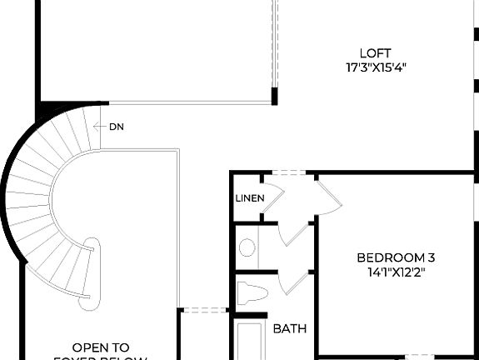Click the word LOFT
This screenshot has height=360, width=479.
pyautogui.click(x=375, y=52)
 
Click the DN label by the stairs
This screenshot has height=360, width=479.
pyautogui.click(x=117, y=127)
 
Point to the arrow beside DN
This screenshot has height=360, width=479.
pyautogui.click(x=100, y=127)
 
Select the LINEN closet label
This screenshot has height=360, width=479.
pyautogui.click(x=249, y=198)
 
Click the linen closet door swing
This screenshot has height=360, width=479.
pyautogui.click(x=275, y=195)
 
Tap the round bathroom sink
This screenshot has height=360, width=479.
pyautogui.click(x=247, y=247)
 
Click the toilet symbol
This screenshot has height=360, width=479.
pyautogui.click(x=251, y=293)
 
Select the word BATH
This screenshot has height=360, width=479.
pyautogui.click(x=290, y=328)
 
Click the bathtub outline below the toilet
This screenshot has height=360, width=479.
pyautogui.click(x=249, y=342)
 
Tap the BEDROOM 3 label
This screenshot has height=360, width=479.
pyautogui.click(x=396, y=257)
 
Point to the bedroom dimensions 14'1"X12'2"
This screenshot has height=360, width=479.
pyautogui.click(x=396, y=272)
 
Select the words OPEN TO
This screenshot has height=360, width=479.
pyautogui.click(x=101, y=347)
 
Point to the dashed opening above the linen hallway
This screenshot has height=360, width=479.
pyautogui.click(x=287, y=173)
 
